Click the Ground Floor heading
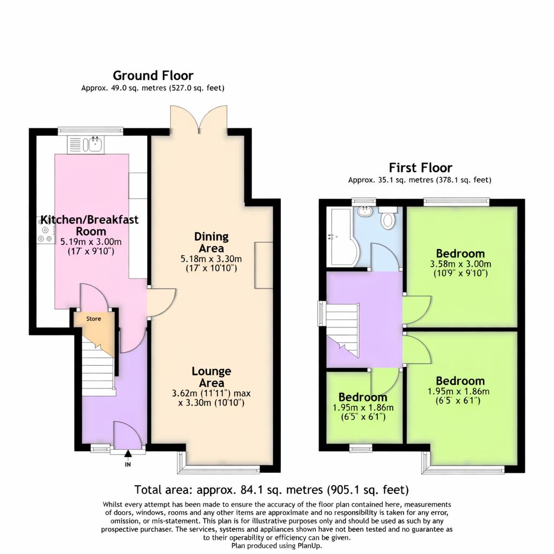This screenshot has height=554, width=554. tap(153, 76)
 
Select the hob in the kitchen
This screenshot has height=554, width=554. tap(45, 233)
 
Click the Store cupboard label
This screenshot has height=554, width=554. tap(94, 319)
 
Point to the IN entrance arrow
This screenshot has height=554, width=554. tap(128, 454)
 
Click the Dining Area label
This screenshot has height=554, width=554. tap(212, 242)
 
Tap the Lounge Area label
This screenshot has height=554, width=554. tap(211, 377)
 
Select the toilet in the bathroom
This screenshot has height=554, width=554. tap(388, 219)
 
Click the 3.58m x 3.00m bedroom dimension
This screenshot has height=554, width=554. tap(460, 264)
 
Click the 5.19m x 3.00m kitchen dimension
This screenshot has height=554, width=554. tap(91, 242)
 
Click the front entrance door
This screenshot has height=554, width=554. tap(129, 436)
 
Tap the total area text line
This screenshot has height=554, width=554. tap(271, 490)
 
